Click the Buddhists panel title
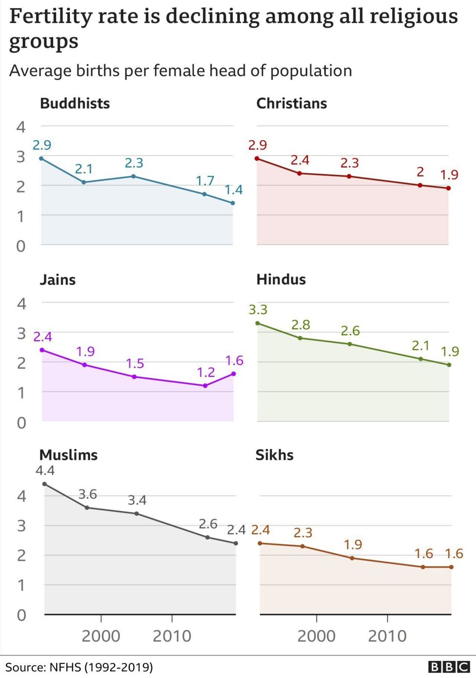pos(75,103)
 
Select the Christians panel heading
pos(291,103)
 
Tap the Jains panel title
pos(58,280)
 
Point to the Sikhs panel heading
pos(274,455)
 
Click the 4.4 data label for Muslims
pos(45,471)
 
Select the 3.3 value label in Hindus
pos(258,310)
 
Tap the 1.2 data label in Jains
pos(205,373)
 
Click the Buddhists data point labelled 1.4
pos(233,203)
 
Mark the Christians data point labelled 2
pos(420,185)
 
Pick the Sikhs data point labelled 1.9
pos(352,558)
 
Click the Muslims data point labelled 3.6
pos(87,508)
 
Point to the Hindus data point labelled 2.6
pos(350,344)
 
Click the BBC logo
pos(449,667)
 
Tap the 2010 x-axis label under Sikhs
pos(387,636)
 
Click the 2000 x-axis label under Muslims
pos(101,636)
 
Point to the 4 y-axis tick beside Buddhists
pos(20,127)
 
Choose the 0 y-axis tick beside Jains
pos(21,422)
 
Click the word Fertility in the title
pos(50,17)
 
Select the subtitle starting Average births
pos(180,71)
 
